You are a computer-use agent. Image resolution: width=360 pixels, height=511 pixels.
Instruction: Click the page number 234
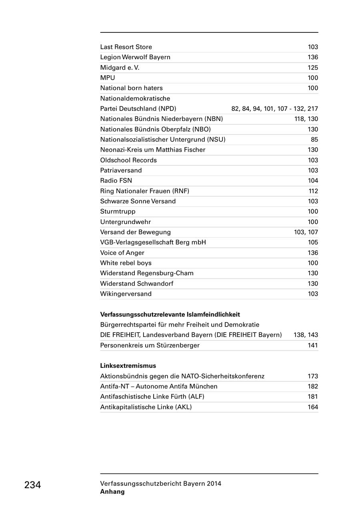click(32, 485)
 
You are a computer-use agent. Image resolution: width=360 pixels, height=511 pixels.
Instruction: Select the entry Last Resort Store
click(126, 47)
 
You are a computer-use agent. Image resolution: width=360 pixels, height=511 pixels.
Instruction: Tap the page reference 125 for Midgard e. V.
click(313, 68)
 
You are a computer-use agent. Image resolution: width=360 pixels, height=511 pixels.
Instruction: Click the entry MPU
click(107, 78)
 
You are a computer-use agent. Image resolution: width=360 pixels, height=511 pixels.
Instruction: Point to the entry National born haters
click(131, 88)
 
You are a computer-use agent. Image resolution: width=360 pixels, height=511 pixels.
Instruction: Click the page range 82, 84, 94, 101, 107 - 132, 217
click(274, 108)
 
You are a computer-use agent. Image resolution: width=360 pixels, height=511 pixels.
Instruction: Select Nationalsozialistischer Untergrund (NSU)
click(163, 139)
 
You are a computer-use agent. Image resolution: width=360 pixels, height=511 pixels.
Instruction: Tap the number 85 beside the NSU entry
click(314, 139)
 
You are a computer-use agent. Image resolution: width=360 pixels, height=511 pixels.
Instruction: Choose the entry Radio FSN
click(116, 180)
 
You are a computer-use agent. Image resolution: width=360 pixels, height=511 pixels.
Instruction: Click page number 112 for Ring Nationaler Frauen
click(313, 191)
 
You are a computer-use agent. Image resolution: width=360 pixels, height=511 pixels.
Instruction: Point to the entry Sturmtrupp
click(118, 211)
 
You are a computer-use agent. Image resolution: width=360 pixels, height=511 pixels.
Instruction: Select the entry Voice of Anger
click(122, 252)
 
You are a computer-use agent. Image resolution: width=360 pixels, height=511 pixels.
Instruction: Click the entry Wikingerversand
click(126, 294)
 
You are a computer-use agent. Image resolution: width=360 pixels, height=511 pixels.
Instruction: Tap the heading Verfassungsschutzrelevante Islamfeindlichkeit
click(170, 315)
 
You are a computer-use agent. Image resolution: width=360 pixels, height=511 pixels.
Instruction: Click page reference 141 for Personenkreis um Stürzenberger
click(313, 345)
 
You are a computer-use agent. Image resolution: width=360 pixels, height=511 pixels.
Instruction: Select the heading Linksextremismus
click(128, 366)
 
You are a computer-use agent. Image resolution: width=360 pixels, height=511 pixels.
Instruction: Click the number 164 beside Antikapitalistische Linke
click(313, 407)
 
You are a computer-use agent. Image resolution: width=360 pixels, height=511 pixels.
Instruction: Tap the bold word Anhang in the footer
click(112, 492)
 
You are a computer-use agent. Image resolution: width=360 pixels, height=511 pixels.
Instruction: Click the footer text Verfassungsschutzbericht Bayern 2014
click(160, 483)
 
